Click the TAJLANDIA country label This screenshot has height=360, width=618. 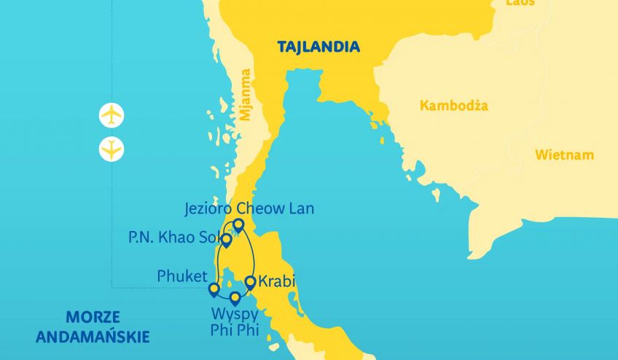(x=318, y=47)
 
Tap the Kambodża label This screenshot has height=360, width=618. (x=454, y=106)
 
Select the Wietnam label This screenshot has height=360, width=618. (x=564, y=155)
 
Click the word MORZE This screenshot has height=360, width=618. (x=93, y=318)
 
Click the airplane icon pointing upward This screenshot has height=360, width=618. (x=111, y=115)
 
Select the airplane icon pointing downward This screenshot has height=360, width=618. (x=111, y=149)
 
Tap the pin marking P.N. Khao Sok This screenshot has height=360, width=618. (x=227, y=240)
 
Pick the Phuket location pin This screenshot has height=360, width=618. (x=214, y=290)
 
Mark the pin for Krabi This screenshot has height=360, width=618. (x=250, y=282)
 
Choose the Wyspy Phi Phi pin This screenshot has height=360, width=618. (x=235, y=298)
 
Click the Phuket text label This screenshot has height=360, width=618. (x=181, y=276)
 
